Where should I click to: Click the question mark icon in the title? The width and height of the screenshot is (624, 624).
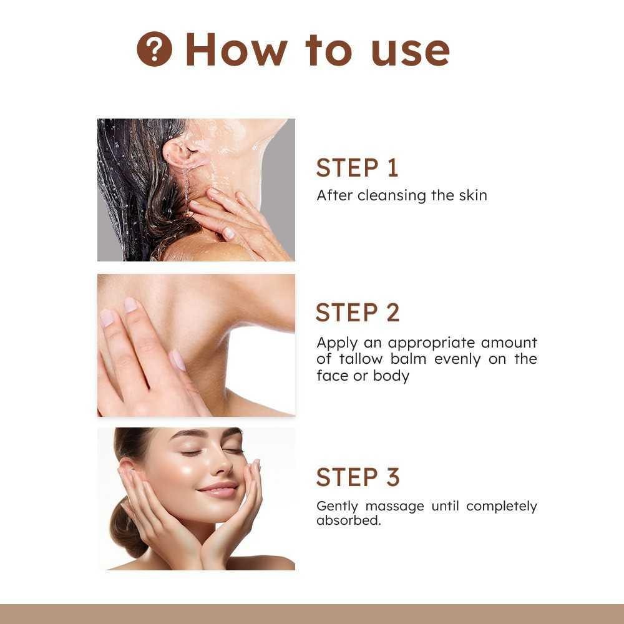[x=154, y=49]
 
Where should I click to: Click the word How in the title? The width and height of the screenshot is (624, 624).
[x=236, y=50]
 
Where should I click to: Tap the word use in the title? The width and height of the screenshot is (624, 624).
[x=411, y=53]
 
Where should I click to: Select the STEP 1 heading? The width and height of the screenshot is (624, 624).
[x=357, y=167]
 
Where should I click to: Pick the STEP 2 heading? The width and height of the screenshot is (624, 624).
[x=358, y=313]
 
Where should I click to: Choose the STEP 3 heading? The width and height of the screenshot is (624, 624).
[x=358, y=477]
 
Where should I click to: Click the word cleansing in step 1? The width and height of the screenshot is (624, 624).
[x=392, y=196]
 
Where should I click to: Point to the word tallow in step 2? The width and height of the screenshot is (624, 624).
[x=361, y=359]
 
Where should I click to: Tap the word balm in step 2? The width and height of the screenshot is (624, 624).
[x=408, y=359]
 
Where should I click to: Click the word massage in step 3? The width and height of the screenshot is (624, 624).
[x=394, y=507]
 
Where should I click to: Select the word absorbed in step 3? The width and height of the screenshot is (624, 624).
[x=348, y=520]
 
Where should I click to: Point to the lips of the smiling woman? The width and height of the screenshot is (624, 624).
[x=218, y=489]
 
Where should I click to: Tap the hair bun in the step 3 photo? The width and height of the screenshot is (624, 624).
[x=126, y=527]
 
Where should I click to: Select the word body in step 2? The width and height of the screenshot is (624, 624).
[x=391, y=376]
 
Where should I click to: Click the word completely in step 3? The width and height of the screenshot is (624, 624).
[x=502, y=507]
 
